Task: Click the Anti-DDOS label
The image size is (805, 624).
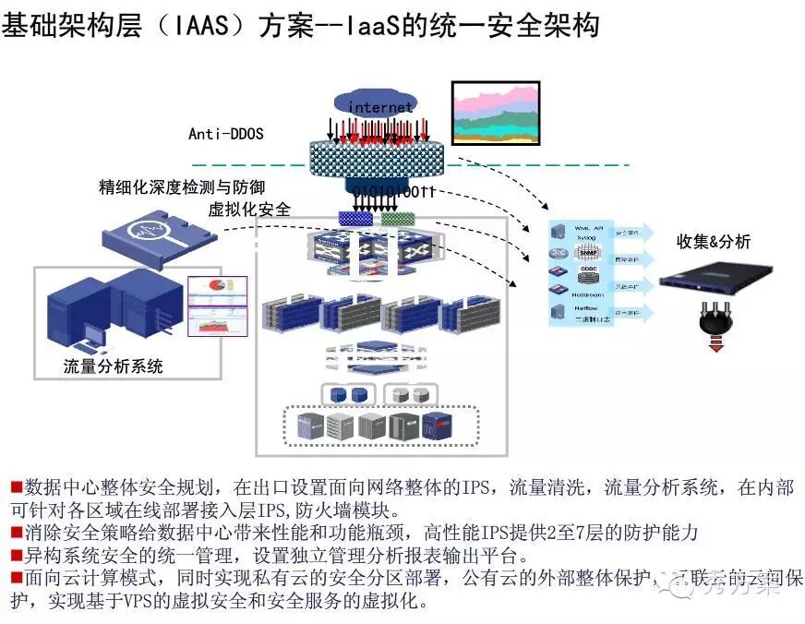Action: click(x=226, y=134)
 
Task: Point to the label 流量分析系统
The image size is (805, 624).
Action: click(x=114, y=366)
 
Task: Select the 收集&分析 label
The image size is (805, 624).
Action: click(x=714, y=242)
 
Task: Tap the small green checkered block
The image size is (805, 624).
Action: click(x=398, y=219)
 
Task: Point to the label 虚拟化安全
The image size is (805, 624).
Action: click(x=249, y=210)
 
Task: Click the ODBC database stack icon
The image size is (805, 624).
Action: click(x=585, y=273)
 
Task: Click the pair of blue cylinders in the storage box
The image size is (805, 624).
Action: click(x=347, y=394)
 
